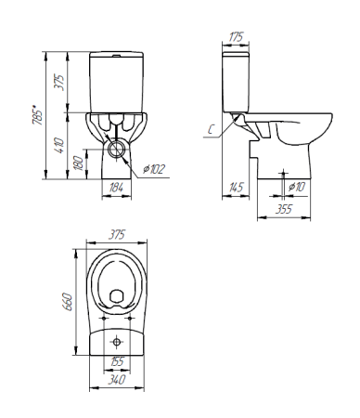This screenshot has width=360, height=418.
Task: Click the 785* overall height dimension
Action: point(37,115)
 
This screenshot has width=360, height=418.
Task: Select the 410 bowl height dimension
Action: point(59,145)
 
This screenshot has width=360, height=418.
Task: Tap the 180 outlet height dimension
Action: point(79,163)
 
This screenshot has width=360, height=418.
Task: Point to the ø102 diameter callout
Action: point(154,169)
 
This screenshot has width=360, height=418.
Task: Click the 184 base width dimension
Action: point(116,188)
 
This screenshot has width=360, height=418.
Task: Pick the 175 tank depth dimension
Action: point(236,37)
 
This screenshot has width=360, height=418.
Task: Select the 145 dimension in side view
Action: point(236,187)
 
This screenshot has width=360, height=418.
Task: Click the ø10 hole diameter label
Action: point(297,187)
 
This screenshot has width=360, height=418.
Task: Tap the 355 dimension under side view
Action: point(284,209)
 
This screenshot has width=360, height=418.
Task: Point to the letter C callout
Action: point(211,129)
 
